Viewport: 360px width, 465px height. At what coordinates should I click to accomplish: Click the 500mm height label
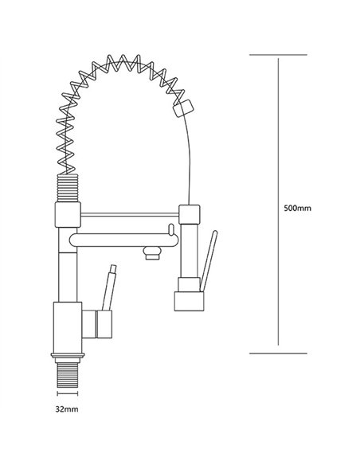point(297,209)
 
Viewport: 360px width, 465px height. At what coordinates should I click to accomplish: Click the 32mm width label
point(67,409)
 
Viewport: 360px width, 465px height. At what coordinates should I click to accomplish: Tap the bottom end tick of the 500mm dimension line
point(276,351)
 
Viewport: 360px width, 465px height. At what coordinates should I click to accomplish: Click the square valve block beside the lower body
point(104,324)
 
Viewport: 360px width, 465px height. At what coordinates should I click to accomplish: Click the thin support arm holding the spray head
point(131,213)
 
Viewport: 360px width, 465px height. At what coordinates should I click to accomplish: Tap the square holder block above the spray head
point(190,214)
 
